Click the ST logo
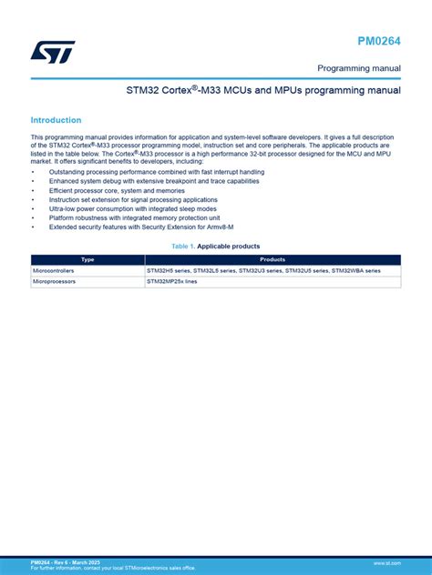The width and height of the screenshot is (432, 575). (53, 51)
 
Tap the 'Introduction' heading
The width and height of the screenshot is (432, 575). (56, 120)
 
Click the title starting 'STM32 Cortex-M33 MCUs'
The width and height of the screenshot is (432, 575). (263, 91)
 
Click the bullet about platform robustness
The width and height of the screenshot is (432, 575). (134, 217)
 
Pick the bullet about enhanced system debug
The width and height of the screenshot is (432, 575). (140, 181)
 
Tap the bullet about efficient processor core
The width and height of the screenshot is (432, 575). (116, 190)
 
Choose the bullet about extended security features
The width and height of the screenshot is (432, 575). (141, 227)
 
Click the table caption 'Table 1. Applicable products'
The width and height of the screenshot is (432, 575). (216, 247)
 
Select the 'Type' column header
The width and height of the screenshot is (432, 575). (87, 259)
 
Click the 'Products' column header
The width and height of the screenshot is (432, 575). (273, 259)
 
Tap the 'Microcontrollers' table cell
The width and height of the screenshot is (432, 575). (57, 270)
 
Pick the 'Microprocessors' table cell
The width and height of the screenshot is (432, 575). (56, 282)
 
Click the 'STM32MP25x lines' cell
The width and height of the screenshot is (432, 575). (173, 282)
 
